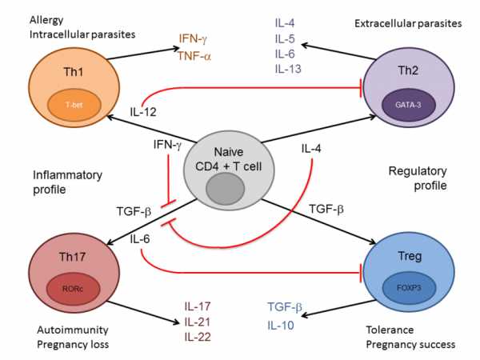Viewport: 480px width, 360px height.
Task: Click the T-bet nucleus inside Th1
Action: (x=74, y=105)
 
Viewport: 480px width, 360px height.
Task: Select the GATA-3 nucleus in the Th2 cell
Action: (x=408, y=105)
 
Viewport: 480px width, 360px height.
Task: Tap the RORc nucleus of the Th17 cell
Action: (x=73, y=288)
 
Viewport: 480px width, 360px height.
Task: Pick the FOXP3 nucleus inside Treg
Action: (x=409, y=288)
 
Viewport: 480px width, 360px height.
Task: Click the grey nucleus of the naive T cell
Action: (x=225, y=189)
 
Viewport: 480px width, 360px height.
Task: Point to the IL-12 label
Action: (x=143, y=112)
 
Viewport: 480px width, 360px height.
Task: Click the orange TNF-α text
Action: (x=194, y=56)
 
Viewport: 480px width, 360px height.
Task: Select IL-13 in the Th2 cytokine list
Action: (x=288, y=69)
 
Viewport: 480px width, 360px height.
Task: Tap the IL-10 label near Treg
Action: (x=281, y=325)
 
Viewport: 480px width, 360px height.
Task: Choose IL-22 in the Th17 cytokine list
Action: (x=198, y=337)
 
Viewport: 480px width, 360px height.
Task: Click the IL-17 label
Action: (x=198, y=306)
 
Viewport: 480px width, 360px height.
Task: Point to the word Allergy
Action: (x=46, y=21)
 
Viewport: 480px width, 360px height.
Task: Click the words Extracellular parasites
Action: (x=408, y=23)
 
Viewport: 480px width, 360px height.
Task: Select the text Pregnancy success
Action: (x=410, y=345)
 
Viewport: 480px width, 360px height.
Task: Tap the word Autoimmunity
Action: (x=73, y=330)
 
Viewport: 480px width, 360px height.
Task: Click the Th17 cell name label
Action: (x=72, y=257)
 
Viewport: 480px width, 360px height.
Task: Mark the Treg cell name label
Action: (x=410, y=256)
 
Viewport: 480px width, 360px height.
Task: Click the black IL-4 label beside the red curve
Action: (x=311, y=149)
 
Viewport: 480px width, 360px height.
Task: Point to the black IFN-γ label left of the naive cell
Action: (x=167, y=145)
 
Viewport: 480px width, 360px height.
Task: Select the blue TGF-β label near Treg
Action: (x=285, y=306)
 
